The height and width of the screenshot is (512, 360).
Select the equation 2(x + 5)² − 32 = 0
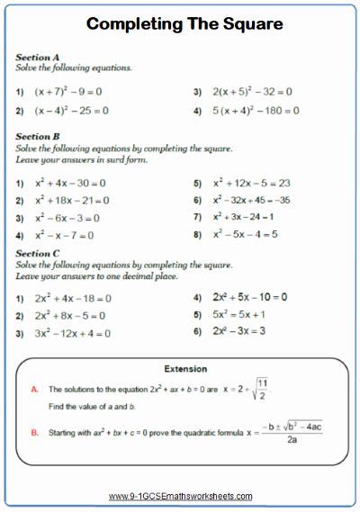(253, 92)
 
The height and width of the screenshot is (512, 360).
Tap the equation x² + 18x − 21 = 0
(72, 201)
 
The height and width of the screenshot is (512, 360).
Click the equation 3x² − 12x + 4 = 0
(73, 334)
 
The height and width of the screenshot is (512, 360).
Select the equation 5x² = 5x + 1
(238, 315)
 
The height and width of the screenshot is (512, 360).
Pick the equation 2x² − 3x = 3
(238, 331)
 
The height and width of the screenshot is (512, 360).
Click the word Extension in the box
(185, 369)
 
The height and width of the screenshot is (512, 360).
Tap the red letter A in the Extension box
(34, 390)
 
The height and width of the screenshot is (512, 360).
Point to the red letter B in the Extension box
(34, 432)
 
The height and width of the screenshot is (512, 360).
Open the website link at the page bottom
(180, 496)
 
